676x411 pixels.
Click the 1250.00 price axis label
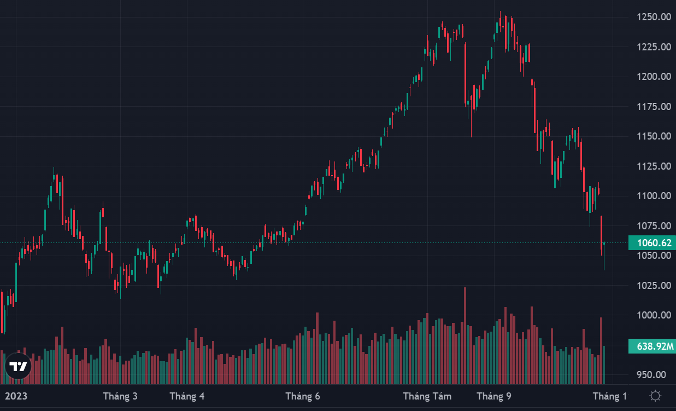pos(654,17)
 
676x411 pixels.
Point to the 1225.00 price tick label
pos(654,47)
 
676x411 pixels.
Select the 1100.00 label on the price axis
pos(654,196)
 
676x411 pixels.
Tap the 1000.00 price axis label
pos(654,315)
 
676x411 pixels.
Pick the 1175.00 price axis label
pos(654,107)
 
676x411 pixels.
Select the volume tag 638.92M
pos(654,346)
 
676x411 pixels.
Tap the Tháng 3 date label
pos(120,396)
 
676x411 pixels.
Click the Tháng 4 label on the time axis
pos(187,396)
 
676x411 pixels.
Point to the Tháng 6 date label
pos(302,396)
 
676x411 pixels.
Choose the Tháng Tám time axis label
pos(427,396)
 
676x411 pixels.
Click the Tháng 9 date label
pos(494,396)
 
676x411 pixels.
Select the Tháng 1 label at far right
pos(610,396)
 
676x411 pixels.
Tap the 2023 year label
pos(16,396)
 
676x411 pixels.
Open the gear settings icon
pos(655,396)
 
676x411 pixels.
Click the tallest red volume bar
pos(465,335)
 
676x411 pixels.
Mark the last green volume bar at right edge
pos(604,364)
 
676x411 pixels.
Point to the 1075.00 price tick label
pos(654,226)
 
